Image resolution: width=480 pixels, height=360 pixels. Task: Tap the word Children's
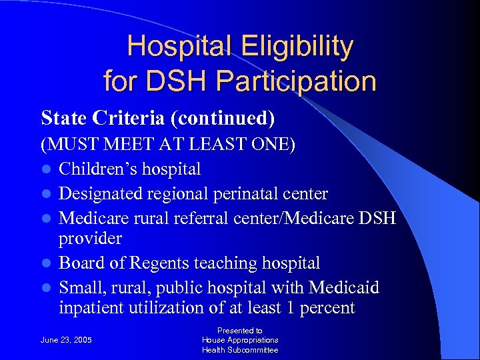tap(95, 169)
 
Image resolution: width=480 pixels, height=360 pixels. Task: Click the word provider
tap(90, 238)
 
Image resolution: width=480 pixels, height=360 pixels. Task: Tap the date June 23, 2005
tap(67, 340)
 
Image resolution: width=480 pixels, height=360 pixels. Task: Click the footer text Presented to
tap(240, 330)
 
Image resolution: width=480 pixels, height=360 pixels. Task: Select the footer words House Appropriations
tap(240, 340)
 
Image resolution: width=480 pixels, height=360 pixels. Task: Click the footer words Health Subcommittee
tap(240, 350)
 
